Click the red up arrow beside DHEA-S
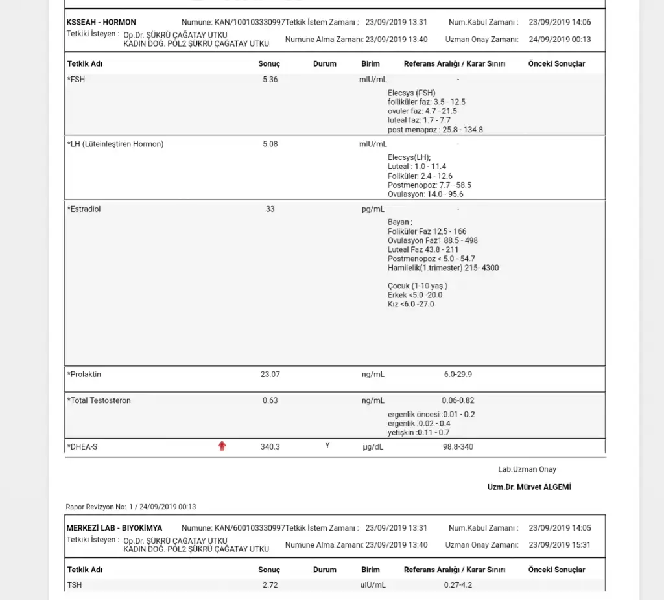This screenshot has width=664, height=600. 222,446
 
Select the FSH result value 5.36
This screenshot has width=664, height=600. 270,80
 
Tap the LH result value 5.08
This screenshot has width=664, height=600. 270,144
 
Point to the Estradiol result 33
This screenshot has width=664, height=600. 270,209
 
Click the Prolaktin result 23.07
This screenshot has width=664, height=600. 270,375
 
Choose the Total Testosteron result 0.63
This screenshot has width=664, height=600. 270,400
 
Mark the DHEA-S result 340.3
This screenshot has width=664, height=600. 270,447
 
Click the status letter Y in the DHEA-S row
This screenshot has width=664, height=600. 327,446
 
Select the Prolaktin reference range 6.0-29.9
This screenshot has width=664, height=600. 458,375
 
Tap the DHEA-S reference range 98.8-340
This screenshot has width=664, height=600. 458,447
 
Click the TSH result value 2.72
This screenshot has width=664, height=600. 270,585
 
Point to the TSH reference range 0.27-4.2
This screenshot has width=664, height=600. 458,585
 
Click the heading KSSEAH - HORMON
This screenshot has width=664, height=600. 101,22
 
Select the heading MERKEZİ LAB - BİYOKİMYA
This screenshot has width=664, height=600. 114,528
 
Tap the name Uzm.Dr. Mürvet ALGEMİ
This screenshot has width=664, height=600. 529,487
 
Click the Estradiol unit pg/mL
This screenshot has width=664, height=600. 373,209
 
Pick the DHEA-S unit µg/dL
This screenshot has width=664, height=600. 373,447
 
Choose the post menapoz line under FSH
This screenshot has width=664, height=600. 435,130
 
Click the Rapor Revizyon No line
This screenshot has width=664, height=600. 131,507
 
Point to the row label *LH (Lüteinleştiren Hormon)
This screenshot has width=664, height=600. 115,144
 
